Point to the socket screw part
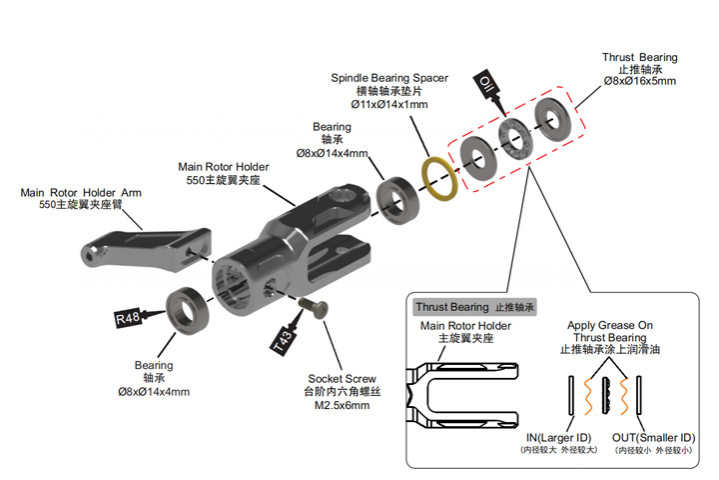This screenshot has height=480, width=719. point(313,306)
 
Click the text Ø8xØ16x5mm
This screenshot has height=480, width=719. point(639,82)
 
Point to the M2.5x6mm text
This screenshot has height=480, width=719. point(343,406)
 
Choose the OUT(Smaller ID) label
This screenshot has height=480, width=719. point(653,437)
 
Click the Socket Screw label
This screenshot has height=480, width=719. point(343,379)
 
